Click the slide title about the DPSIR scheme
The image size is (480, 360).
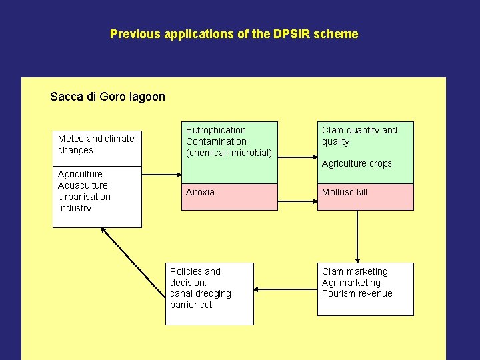pos(234,34)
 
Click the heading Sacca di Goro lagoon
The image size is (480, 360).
pos(107,97)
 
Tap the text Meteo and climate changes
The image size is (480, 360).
pos(95,145)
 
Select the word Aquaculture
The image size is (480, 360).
pos(83,185)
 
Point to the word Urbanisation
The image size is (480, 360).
pos(84,197)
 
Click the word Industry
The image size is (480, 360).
pos(75,208)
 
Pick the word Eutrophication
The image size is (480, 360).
pos(215,130)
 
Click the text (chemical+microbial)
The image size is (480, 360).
pos(229,153)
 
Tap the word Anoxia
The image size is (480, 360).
pos(200,192)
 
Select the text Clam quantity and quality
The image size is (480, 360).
pos(359,136)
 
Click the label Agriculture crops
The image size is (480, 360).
pos(357,163)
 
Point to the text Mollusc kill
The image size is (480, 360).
pos(344,192)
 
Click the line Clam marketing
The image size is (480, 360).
pos(354,271)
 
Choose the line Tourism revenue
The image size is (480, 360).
pos(357,293)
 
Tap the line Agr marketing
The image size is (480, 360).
pos(351,283)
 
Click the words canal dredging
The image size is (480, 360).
pos(200,293)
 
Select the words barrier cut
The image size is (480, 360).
pos(191,305)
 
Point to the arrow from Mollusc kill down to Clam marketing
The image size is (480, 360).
pos(358,237)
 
